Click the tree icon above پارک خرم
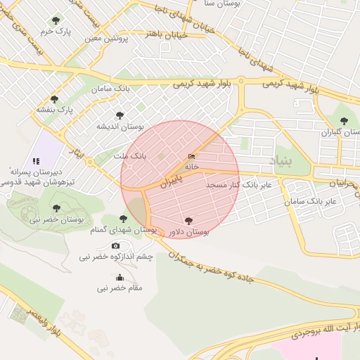click(56, 20)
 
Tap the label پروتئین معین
click(105, 38)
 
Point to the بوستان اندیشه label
click(120, 127)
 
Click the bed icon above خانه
click(191, 157)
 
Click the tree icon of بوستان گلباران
click(344, 122)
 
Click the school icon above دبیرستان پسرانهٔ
click(36, 161)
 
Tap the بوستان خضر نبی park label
click(56, 219)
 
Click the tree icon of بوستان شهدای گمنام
click(124, 219)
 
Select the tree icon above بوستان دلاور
click(188, 221)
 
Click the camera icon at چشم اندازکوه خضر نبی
click(116, 245)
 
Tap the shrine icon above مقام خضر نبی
click(120, 277)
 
